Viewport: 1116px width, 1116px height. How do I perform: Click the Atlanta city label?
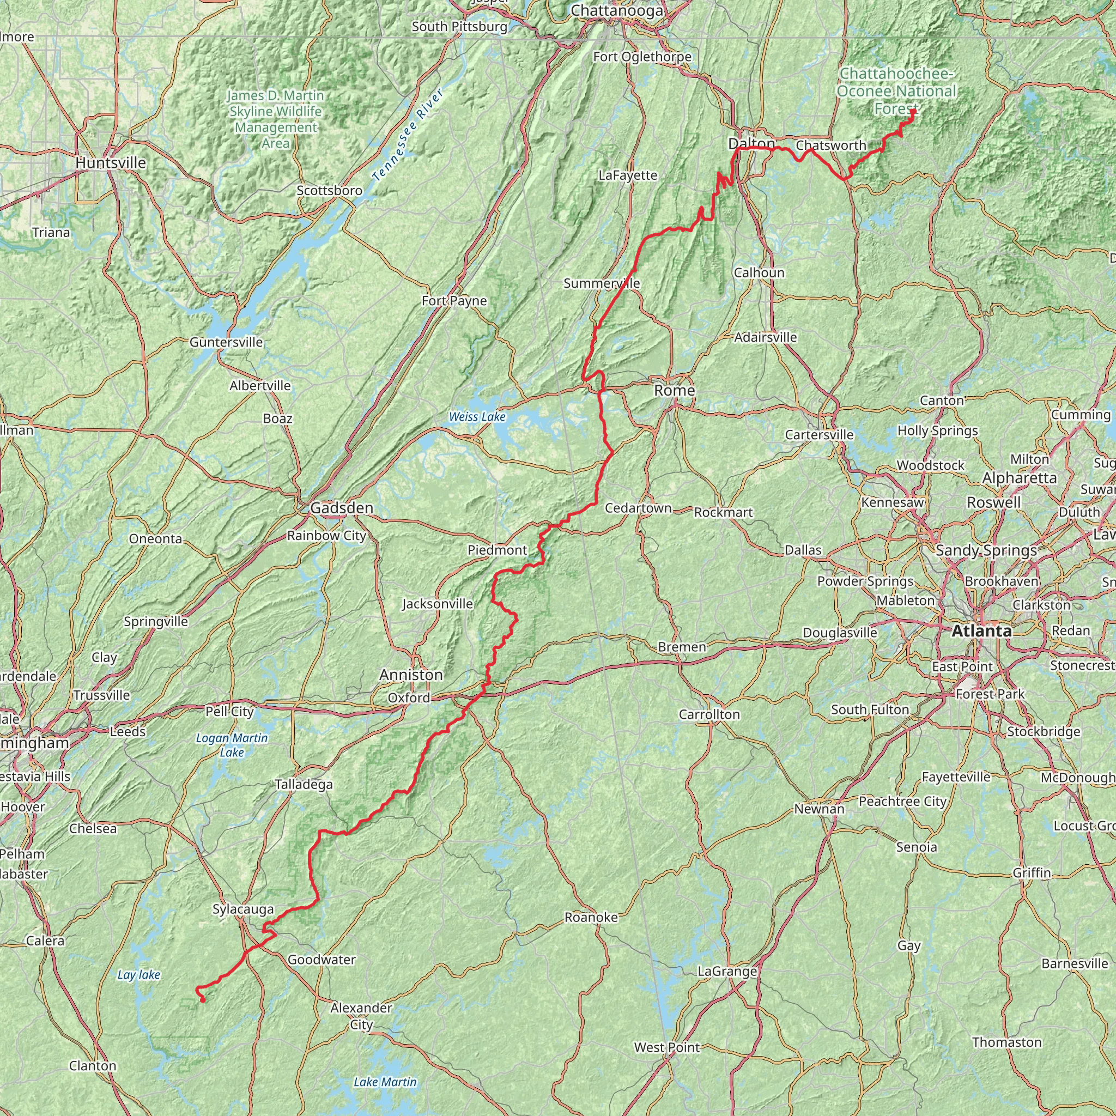981,632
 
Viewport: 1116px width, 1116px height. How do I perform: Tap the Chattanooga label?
616,10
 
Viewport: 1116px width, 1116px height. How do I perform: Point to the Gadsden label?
341,508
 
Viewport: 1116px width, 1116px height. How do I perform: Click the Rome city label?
674,391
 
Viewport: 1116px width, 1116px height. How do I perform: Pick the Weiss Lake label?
477,417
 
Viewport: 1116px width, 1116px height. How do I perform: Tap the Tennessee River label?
408,135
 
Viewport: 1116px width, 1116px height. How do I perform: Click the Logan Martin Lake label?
232,745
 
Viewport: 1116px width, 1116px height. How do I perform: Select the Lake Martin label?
385,1082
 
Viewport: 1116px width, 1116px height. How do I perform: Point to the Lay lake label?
138,975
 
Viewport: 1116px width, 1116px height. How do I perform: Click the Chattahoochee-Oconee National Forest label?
896,90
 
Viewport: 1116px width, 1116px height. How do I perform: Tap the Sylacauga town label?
242,909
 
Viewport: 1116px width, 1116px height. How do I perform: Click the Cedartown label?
638,508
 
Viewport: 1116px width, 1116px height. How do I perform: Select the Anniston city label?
411,675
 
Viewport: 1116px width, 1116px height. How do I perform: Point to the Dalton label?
751,143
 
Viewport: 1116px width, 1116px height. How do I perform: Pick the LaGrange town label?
727,971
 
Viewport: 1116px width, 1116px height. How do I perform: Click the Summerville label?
602,283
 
